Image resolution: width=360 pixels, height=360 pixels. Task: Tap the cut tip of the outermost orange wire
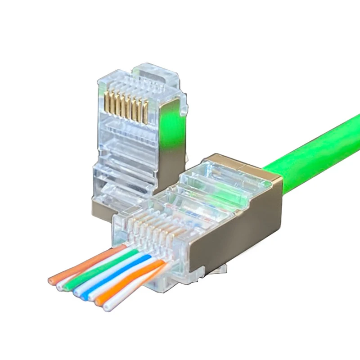51,281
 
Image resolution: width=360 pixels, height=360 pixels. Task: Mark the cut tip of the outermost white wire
106,308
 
